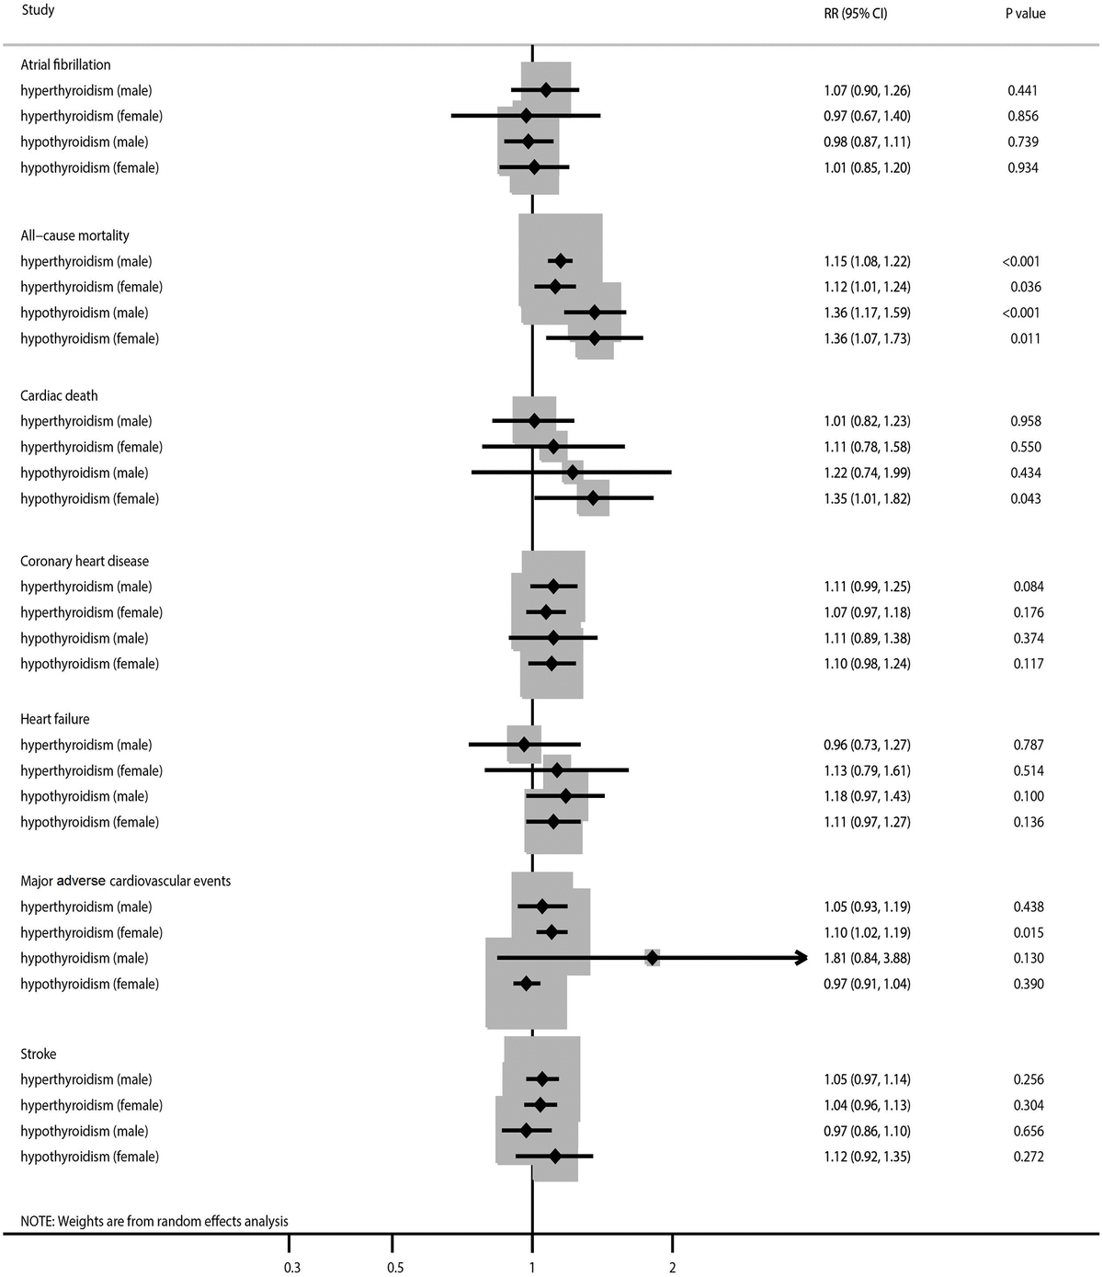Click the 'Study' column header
click(x=38, y=11)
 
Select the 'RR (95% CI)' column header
click(x=855, y=14)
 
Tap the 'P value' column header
click(x=1025, y=14)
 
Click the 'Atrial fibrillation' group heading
click(x=65, y=64)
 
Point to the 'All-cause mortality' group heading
click(x=74, y=235)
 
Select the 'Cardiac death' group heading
click(x=59, y=395)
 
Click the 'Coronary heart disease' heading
click(x=85, y=561)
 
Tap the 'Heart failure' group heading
click(x=55, y=719)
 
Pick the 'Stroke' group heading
click(x=39, y=1054)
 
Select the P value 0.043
click(x=1025, y=498)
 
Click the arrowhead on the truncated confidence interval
click(x=802, y=958)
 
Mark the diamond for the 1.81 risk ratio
click(x=652, y=958)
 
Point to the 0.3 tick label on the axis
click(x=291, y=1268)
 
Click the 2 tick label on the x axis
click(x=672, y=1268)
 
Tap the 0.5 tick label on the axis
click(x=394, y=1268)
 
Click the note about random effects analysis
click(x=154, y=1221)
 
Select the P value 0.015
click(x=1027, y=932)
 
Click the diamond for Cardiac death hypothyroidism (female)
click(x=593, y=498)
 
